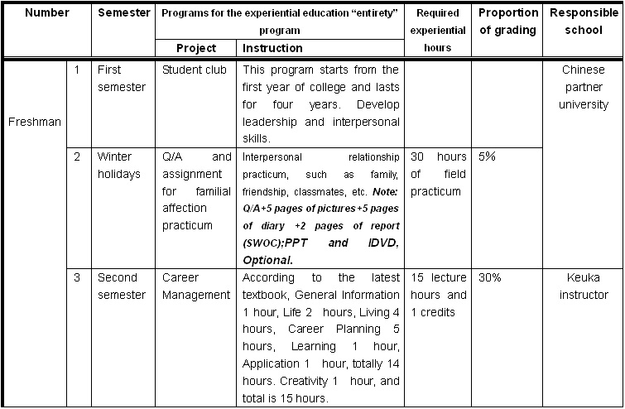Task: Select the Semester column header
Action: tap(124, 13)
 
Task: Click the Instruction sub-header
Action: tap(272, 48)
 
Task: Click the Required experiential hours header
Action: tap(439, 31)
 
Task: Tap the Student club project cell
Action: tap(195, 70)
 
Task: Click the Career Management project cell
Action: tap(196, 286)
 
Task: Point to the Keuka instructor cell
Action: tap(583, 286)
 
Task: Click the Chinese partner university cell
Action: tap(583, 87)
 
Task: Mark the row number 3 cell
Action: tap(77, 277)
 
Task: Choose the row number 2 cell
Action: tap(77, 156)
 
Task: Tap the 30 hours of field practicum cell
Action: tap(438, 174)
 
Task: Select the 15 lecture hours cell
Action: tap(438, 295)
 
